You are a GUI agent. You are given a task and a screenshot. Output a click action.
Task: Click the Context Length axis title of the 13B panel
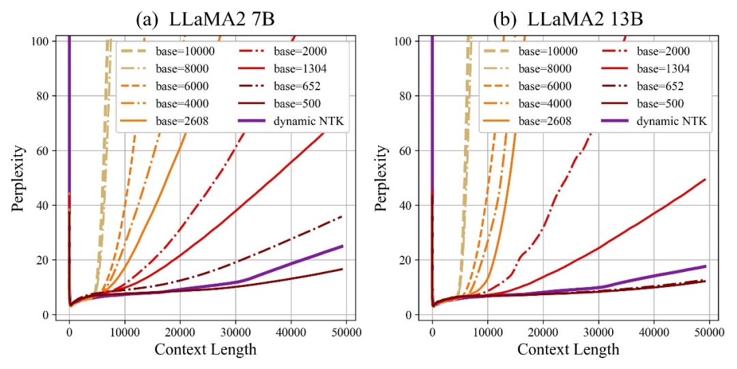tap(568, 350)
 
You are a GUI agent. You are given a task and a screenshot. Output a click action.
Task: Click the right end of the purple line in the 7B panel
tap(342, 246)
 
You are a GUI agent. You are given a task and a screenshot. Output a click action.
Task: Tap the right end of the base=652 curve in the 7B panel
tap(342, 216)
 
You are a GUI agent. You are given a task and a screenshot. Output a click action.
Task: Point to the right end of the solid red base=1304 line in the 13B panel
tap(705, 180)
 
